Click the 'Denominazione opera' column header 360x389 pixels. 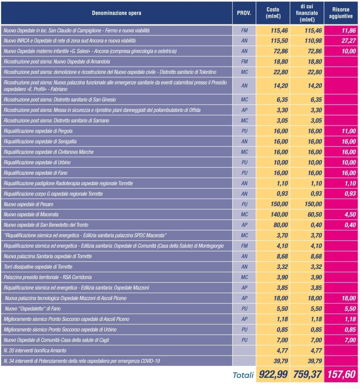coord(116,13)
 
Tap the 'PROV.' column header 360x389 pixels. coord(244,13)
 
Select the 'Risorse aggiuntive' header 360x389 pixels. coord(341,13)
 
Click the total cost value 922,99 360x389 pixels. coord(273,374)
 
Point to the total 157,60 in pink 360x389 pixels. coord(341,374)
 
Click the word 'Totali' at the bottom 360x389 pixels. coord(243,375)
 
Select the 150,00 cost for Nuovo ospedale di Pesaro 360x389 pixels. coord(279,204)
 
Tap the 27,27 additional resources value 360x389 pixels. coord(348,41)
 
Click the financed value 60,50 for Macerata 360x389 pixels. coord(315,215)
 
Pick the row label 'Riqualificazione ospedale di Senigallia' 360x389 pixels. coord(40,142)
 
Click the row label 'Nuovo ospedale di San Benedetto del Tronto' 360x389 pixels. coord(46,225)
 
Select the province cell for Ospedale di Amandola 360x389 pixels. coord(244,61)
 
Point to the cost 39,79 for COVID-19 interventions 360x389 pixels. coord(281,361)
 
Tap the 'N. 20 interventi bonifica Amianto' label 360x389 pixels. coord(35,351)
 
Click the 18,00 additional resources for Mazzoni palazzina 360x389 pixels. coord(348,298)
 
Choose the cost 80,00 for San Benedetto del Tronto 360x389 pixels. coord(281,225)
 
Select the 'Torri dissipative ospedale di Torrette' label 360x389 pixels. coord(38,267)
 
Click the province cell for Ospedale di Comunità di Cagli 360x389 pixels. coord(244,340)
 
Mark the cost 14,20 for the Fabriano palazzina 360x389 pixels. coord(281,86)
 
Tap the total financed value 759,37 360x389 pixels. coord(307,374)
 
